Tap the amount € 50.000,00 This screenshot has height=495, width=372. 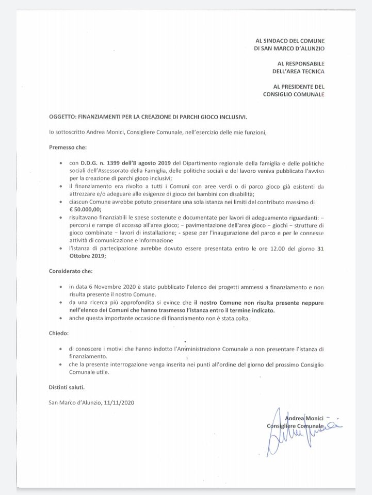click(x=87, y=210)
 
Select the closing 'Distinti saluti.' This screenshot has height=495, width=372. click(x=67, y=387)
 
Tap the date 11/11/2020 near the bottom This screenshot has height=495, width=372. click(x=122, y=402)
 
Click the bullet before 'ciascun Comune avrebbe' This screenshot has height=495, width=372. click(x=62, y=203)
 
